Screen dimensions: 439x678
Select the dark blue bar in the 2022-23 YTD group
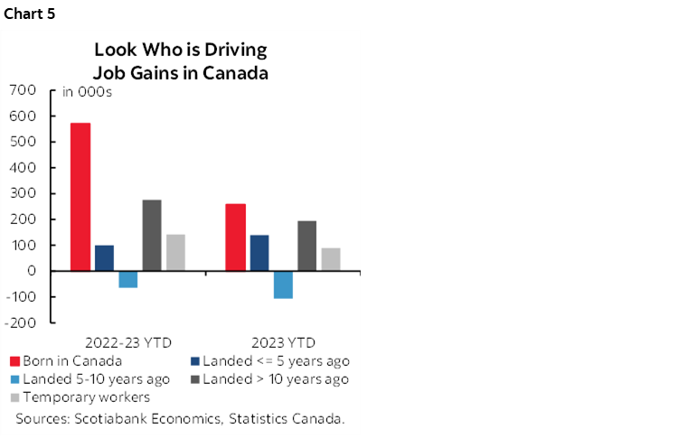coord(104,258)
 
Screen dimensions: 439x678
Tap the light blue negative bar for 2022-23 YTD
coord(127,279)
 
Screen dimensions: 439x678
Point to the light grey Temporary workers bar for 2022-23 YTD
coord(174,253)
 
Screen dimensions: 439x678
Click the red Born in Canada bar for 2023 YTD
coord(236,238)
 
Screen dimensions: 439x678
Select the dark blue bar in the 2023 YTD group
coord(259,253)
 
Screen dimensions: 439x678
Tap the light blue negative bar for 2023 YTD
coord(283,285)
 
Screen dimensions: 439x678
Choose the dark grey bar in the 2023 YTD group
coord(307,246)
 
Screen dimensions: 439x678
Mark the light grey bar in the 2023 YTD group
coord(331,259)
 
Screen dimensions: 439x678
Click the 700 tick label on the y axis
coord(23,90)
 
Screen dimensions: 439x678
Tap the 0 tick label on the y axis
coord(32,271)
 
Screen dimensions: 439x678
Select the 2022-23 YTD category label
coord(127,342)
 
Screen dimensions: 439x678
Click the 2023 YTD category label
coord(284,342)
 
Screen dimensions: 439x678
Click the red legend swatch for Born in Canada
coord(14,360)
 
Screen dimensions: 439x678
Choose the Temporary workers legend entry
coord(86,397)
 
